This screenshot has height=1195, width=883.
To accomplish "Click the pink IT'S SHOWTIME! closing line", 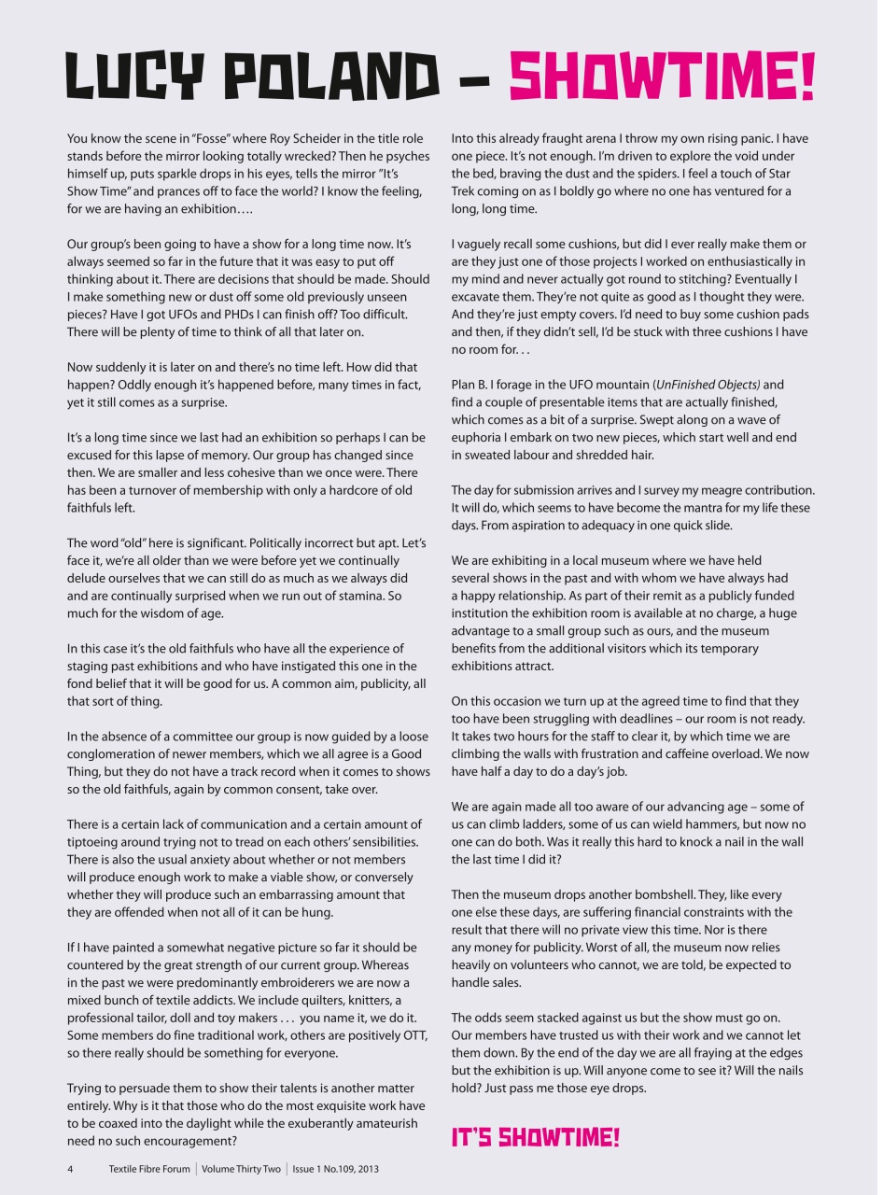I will [x=535, y=1137].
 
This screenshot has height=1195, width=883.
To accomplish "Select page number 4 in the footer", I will [x=70, y=1169].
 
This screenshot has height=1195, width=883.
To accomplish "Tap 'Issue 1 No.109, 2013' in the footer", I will [x=335, y=1169].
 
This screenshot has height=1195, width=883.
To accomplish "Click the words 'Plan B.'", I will [x=472, y=385].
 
